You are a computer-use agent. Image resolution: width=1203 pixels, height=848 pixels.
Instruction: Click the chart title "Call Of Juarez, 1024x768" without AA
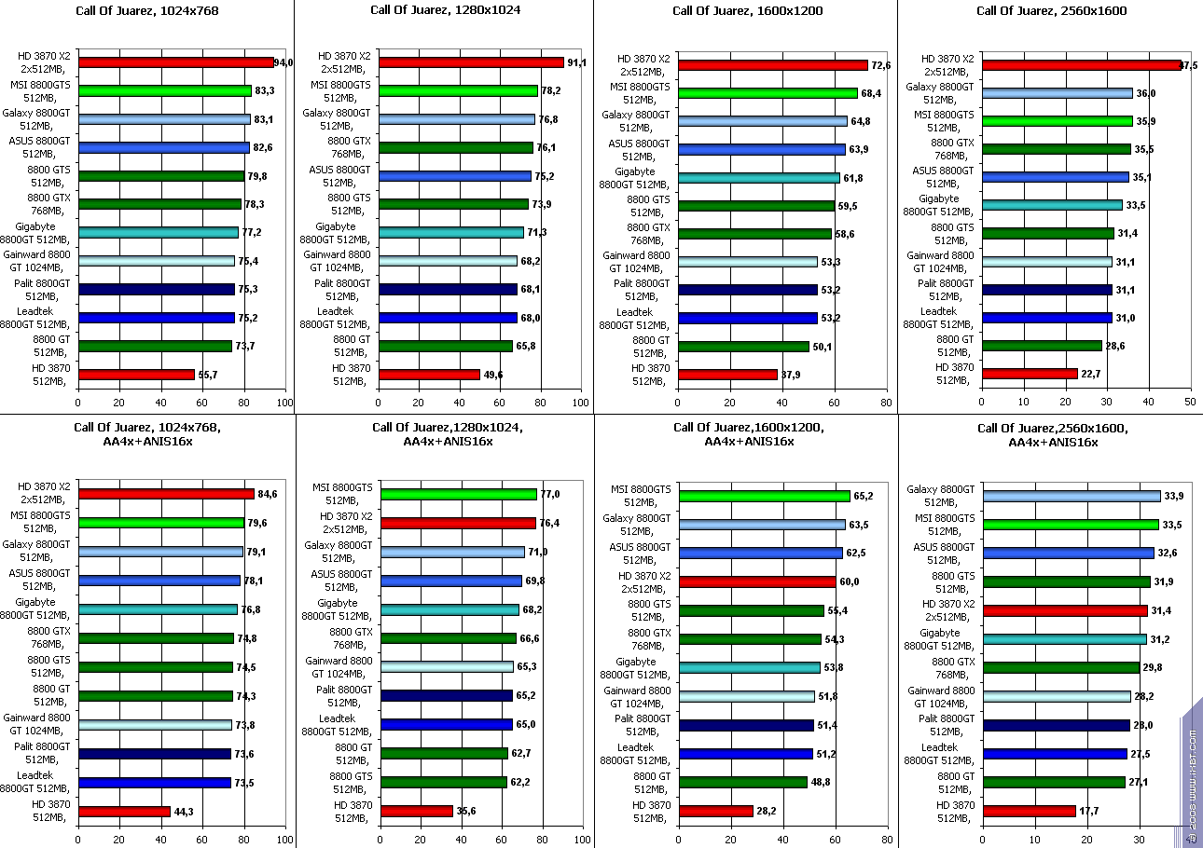click(147, 11)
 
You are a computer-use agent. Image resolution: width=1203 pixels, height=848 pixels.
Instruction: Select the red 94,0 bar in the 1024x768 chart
click(176, 62)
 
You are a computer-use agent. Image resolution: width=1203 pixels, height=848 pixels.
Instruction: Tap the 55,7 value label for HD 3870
click(208, 375)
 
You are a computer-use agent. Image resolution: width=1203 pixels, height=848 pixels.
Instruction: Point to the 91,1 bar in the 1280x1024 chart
click(471, 62)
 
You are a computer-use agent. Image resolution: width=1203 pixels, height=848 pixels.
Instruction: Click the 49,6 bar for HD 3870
click(429, 375)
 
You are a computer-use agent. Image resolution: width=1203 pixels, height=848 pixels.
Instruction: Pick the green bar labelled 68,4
click(768, 93)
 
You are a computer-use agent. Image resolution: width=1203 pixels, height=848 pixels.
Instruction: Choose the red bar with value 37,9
click(728, 375)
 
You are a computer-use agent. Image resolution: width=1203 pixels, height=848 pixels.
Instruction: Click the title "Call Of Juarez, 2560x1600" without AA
click(1051, 11)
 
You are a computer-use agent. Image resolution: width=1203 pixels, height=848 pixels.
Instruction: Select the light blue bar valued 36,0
click(1058, 93)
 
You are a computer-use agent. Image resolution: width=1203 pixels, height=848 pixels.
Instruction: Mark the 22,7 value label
click(1090, 374)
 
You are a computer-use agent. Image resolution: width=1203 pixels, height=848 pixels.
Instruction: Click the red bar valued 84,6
click(166, 494)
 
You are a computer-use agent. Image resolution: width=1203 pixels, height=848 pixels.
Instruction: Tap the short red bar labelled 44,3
click(124, 812)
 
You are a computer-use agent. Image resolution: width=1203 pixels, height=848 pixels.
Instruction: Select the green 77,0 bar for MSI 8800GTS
click(459, 494)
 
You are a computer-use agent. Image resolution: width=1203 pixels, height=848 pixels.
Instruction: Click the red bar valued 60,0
click(757, 581)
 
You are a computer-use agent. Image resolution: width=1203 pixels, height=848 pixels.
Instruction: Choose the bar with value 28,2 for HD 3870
click(716, 811)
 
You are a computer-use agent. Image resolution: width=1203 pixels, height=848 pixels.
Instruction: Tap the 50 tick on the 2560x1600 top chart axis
click(1190, 402)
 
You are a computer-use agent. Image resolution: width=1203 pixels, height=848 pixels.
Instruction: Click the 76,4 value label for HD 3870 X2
click(550, 524)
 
